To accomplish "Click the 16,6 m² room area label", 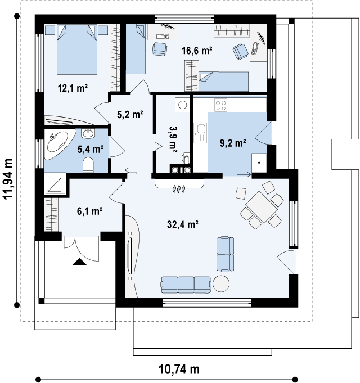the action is coord(197,51).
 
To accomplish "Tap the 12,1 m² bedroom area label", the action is coord(73,88).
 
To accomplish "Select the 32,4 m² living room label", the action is coord(182,224).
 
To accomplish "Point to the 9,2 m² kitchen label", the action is coord(233,143).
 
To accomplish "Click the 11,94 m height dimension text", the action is coord(8,179).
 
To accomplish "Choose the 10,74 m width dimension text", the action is coord(179,369).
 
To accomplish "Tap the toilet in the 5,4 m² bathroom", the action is coord(88,165).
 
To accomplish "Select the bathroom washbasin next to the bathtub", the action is coord(88,133).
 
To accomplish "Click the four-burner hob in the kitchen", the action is coord(221,105).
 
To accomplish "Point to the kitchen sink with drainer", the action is coord(200,133).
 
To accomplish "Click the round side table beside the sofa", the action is coord(221,283).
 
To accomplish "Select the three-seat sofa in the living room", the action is coord(186,285).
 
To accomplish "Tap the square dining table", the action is coord(262,207).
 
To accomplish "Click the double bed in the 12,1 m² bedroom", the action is coord(77,49).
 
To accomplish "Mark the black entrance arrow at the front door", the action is coord(80,262).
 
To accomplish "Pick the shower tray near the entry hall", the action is coord(56,184).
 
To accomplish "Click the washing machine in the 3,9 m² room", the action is coord(182,105).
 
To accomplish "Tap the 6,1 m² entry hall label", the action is coord(89,211).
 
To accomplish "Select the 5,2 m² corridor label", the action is coord(130,114).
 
